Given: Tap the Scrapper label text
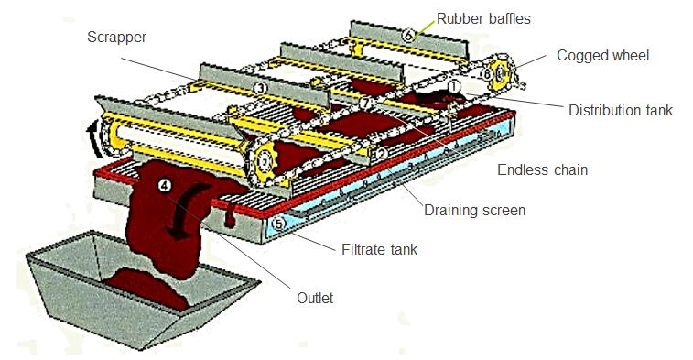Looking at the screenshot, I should [x=116, y=38].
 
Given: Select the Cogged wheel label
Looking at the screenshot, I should [x=602, y=56].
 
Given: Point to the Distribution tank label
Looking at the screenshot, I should [x=620, y=111].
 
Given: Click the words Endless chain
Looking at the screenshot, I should [x=544, y=169].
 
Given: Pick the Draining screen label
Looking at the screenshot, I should [x=474, y=210].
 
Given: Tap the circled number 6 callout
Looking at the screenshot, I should [x=408, y=35].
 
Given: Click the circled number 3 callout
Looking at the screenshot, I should [x=261, y=88].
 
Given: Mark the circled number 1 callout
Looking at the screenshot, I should [x=453, y=85].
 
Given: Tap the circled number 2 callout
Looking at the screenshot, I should [x=381, y=154].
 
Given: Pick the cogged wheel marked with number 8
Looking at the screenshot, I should [x=500, y=74].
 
